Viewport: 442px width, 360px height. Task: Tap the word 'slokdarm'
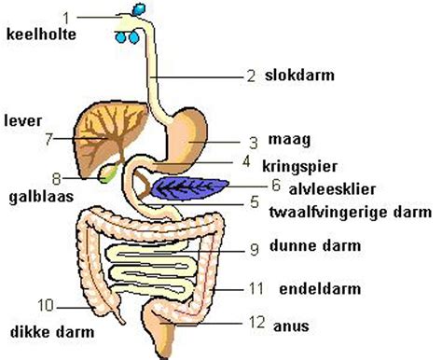[x=301, y=76]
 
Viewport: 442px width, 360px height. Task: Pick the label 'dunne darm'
[x=322, y=248]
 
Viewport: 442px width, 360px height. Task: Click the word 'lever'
[x=21, y=120]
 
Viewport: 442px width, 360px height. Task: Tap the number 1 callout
[x=66, y=17]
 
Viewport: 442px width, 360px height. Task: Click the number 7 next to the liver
[x=48, y=140]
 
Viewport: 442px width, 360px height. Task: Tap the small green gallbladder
[x=110, y=172]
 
